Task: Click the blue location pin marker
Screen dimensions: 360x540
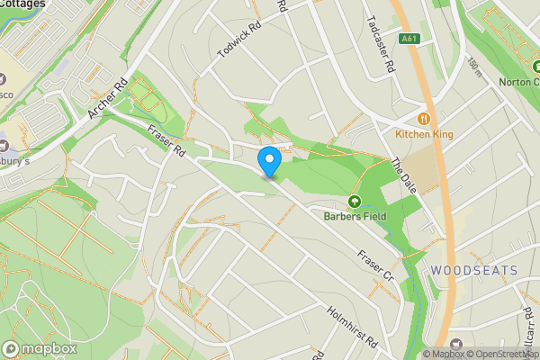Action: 269,160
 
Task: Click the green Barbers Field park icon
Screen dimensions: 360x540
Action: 354,202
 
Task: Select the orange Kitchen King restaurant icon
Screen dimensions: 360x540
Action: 423,118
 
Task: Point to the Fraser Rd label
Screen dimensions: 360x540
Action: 166,140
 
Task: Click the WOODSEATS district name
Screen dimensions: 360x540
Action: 473,270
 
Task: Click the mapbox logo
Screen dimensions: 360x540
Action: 40,348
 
